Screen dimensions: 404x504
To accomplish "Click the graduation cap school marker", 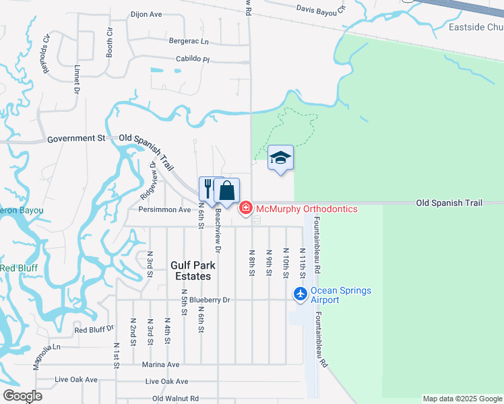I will [281, 158].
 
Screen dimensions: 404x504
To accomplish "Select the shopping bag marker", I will [227, 191].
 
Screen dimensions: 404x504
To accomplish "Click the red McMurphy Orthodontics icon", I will [246, 209].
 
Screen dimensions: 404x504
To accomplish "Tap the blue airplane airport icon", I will [301, 295].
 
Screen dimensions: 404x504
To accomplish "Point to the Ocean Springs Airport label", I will [340, 295].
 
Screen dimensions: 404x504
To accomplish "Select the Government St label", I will [77, 138].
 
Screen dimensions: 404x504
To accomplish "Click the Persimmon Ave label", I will [164, 209].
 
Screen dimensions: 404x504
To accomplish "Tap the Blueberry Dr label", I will [210, 300].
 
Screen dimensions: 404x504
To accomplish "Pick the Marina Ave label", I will [160, 364].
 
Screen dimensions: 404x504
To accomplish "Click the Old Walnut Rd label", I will [175, 399].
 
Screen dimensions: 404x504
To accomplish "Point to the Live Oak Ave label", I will [76, 380].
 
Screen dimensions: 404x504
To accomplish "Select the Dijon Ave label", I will [146, 13].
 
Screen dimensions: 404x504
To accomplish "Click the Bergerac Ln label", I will [189, 41].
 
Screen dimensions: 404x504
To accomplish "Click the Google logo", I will [22, 396].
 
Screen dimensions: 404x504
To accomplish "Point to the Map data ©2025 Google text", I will [462, 399].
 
